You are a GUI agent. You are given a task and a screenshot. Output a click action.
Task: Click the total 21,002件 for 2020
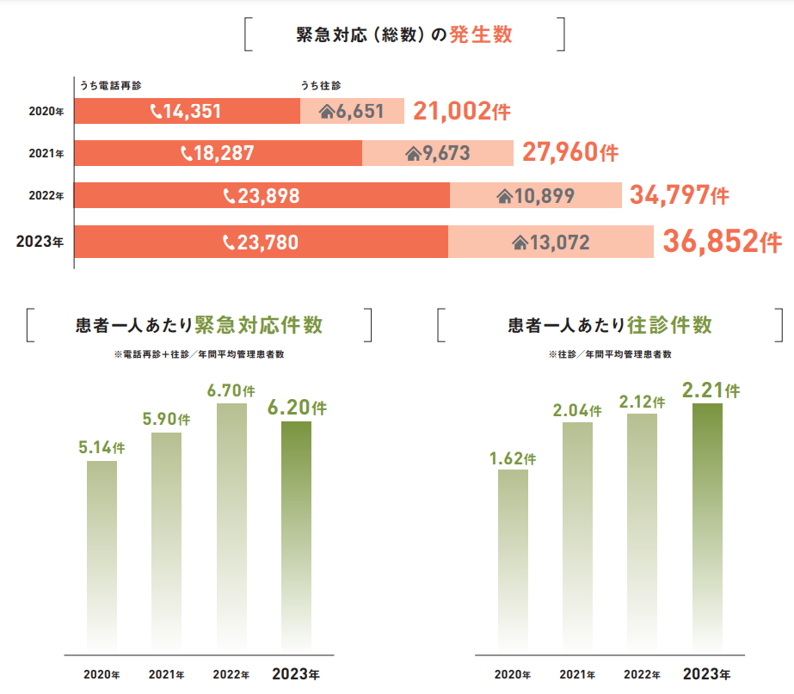(x=462, y=111)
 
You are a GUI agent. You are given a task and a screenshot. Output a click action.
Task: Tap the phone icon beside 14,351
(x=156, y=111)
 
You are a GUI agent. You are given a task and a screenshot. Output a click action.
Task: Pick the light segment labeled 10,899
(x=535, y=196)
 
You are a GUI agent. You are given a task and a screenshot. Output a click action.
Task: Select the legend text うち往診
(x=321, y=85)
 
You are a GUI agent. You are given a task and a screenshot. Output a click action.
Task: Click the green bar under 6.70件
(x=231, y=525)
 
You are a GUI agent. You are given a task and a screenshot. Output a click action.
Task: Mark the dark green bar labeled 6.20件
(x=296, y=533)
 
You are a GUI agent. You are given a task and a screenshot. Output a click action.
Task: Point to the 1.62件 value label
(x=513, y=458)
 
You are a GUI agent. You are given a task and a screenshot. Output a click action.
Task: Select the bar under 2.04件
(x=577, y=533)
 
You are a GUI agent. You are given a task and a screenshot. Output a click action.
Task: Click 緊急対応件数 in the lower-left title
(x=259, y=326)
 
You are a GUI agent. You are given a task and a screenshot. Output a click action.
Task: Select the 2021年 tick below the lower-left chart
(x=167, y=673)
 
